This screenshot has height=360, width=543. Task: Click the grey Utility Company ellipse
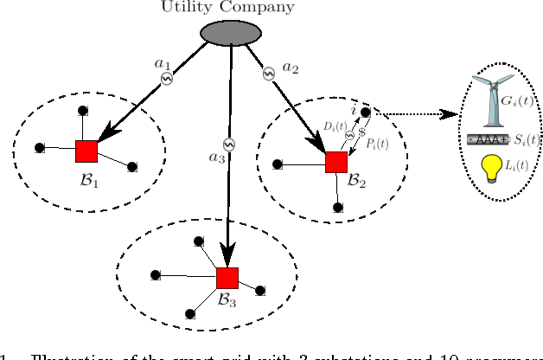(231, 33)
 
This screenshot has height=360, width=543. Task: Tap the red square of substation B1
(86, 151)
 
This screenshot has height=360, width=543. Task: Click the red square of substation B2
(335, 162)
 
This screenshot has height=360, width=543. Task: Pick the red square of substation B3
(227, 278)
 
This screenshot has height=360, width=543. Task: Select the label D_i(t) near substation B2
(335, 127)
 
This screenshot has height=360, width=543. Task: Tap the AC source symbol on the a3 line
(228, 143)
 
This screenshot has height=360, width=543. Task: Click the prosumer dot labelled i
(366, 112)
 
